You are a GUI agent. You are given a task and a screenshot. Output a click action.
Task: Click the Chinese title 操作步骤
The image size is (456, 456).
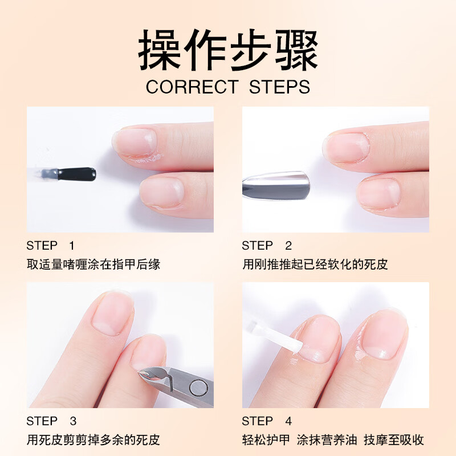click(228, 51)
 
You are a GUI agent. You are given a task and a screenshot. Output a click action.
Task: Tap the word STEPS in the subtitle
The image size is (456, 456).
click(279, 87)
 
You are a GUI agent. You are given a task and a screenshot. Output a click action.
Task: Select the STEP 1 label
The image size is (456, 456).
click(50, 246)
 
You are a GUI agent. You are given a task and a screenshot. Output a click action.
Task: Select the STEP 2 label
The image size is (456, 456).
click(266, 246)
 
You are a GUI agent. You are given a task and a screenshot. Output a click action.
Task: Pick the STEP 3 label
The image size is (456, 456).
click(51, 421)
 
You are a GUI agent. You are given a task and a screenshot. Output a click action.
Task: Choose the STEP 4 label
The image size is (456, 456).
click(266, 421)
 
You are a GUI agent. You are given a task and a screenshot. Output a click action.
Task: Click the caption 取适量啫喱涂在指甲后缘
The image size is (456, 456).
click(93, 264)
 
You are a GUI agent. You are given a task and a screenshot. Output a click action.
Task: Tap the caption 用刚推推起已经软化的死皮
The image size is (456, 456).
click(315, 264)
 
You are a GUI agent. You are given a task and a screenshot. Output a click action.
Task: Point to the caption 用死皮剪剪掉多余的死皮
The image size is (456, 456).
click(93, 440)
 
